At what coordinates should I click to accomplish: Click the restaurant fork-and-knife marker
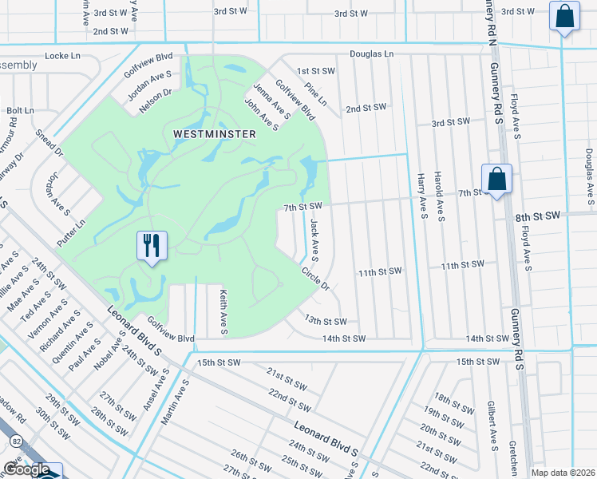point(152,244)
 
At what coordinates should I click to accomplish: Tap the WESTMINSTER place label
point(215,134)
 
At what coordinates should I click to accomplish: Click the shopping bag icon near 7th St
point(496,179)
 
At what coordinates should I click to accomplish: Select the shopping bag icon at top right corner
point(563,17)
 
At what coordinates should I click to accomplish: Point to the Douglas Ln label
point(372,54)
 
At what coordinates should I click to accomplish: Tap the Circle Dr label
point(315,279)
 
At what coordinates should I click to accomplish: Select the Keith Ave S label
point(223,311)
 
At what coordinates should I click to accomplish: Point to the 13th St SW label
point(325,321)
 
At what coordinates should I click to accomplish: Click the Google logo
point(26,469)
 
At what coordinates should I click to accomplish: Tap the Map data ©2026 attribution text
point(563,473)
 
